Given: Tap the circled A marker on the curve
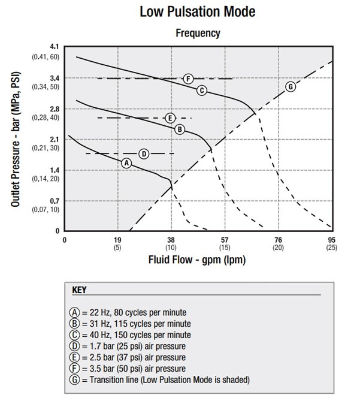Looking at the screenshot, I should (126, 163).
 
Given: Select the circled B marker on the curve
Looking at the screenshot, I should (179, 129).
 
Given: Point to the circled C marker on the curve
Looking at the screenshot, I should (202, 90).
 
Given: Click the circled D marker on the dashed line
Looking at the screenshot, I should (144, 154).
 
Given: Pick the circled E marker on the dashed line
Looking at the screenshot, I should (170, 117).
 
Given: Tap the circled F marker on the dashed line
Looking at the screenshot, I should (188, 79).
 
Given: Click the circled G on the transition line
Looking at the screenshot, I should (291, 86).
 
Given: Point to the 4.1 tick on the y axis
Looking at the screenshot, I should (56, 47).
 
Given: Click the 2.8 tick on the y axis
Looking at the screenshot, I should (56, 108).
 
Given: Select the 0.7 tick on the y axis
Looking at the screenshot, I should (56, 201).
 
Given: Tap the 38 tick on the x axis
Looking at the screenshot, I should (171, 240).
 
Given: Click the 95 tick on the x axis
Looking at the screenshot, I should (332, 240).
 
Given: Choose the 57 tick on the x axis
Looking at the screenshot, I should (225, 240).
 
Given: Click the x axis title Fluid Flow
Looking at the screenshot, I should (197, 261).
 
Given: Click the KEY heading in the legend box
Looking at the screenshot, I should (79, 290).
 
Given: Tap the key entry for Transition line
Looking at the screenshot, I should (159, 379).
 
